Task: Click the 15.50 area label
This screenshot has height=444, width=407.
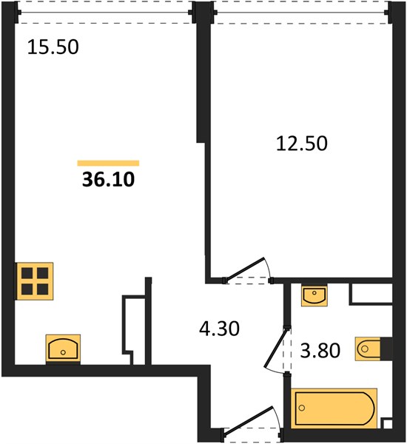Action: coord(53,47)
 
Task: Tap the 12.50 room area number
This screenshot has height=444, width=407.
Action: coord(302,144)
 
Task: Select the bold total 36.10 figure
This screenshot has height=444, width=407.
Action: coord(108,180)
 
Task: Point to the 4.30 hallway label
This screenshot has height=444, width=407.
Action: coord(219,329)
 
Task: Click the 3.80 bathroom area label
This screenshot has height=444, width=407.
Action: coord(320,350)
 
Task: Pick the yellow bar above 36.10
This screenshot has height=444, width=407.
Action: coord(108,163)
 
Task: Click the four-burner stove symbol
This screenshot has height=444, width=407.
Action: coord(35,281)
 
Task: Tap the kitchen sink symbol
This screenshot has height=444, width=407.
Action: coord(63,349)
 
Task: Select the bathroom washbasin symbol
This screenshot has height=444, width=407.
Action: coord(314,296)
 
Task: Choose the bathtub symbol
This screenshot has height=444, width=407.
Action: coord(334,408)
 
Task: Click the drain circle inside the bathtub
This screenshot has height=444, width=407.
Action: coord(302,408)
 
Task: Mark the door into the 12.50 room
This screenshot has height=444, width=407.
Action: coord(245,269)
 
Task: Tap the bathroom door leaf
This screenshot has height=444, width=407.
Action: coord(275,348)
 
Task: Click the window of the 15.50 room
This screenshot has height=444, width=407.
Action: coord(105,13)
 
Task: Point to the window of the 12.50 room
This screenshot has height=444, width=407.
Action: coord(300,13)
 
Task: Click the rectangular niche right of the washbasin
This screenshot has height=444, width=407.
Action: coord(371,293)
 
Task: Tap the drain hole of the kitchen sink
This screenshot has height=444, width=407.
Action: coord(63,352)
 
